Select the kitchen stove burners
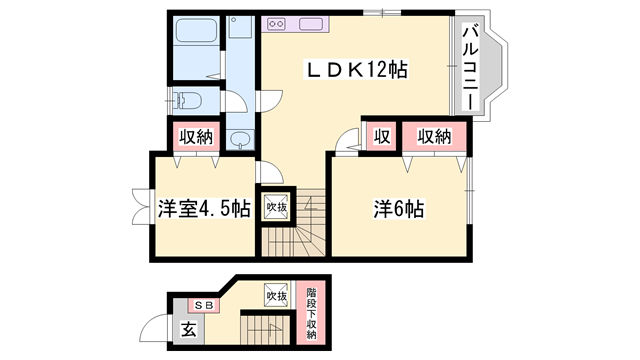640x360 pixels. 275,23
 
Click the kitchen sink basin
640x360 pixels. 240,30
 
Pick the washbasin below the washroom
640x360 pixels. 239,141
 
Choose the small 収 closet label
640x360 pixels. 382,137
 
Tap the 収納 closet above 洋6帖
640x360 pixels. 434,137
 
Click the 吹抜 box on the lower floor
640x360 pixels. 277,296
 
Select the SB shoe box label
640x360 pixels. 204,305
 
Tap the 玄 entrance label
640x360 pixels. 188,328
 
